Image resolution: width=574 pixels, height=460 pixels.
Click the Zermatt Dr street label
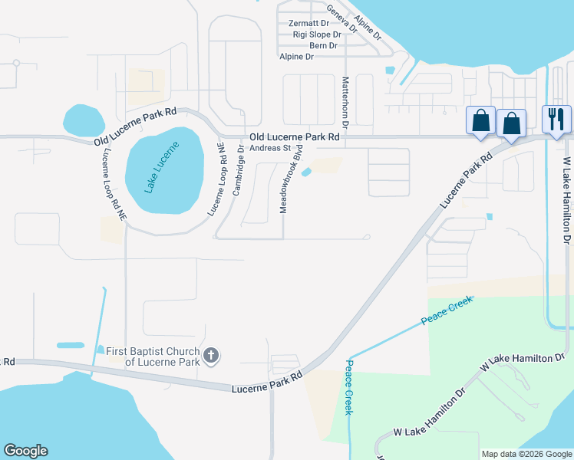tap(308, 24)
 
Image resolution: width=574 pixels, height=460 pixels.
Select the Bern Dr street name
tap(323, 46)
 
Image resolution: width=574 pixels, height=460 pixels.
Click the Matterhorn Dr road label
tap(345, 102)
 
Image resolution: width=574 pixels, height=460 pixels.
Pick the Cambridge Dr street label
tap(239, 174)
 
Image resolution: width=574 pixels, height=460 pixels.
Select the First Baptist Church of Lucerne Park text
tap(152, 356)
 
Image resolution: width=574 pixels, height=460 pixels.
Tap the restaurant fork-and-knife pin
tap(557, 120)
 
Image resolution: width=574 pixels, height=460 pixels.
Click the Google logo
tap(25, 451)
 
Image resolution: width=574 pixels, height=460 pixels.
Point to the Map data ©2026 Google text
tap(526, 454)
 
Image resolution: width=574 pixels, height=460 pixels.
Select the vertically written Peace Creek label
tap(349, 387)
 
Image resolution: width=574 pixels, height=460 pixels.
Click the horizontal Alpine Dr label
tap(298, 57)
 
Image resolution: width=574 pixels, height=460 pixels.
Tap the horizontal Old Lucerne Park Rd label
tap(293, 136)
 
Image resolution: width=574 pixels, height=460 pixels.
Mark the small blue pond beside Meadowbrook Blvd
tap(307, 172)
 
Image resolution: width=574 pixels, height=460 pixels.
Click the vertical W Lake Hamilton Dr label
tap(568, 202)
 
